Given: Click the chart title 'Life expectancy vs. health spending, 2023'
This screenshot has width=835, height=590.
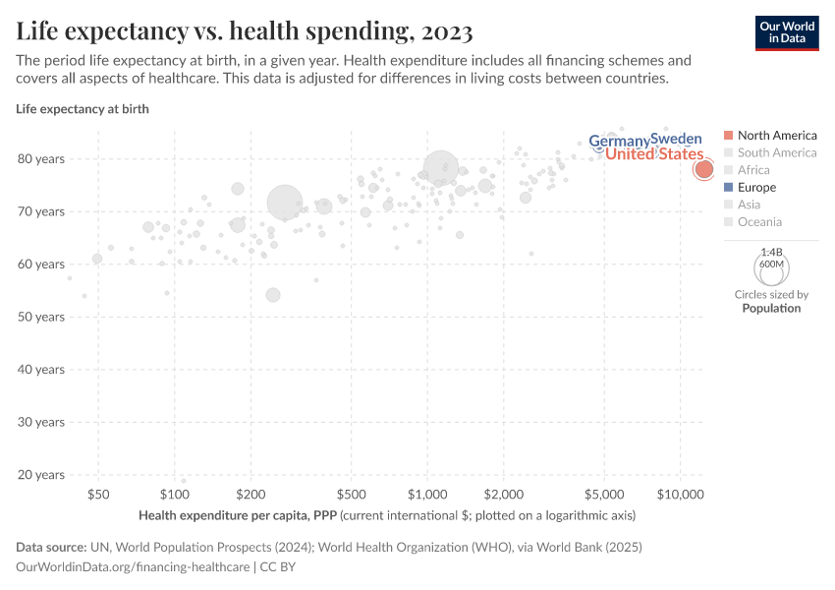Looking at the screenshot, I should click(245, 31).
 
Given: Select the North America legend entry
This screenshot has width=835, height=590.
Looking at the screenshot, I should click(776, 135).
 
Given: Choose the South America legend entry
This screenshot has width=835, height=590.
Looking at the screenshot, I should click(776, 152).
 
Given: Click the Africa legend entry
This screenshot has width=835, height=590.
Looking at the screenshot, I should click(753, 170).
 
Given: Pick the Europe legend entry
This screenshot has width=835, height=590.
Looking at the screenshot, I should click(756, 187).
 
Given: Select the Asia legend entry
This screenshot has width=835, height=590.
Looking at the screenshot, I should click(749, 205).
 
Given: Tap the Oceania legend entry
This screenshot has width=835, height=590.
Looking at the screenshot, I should click(759, 222).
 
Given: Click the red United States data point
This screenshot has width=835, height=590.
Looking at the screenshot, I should click(703, 169).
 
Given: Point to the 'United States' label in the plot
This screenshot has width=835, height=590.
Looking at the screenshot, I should click(654, 154).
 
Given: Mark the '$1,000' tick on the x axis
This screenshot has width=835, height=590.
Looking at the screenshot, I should click(427, 493).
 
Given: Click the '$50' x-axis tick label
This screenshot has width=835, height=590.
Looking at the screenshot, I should click(98, 493).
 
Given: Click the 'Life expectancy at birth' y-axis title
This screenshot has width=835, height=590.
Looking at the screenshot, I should click(83, 109).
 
